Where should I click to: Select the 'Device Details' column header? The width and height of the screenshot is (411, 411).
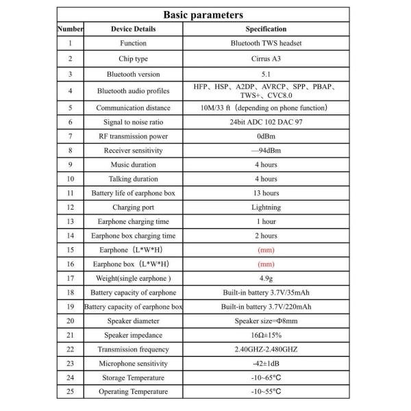point(133,29)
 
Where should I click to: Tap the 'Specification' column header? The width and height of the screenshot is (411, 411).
point(266,29)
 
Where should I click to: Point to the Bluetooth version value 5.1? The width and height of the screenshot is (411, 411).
point(266,73)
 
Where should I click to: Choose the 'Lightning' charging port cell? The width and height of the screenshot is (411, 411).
point(266,207)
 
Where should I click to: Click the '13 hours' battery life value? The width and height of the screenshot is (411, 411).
point(266,192)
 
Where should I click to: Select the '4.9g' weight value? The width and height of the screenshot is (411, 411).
point(266,278)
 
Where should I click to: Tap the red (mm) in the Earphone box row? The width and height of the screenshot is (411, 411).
point(266,264)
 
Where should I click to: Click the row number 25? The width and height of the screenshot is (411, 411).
point(70,392)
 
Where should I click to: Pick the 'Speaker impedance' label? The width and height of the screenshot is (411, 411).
point(133,335)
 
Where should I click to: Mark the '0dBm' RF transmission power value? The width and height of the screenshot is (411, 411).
point(266,136)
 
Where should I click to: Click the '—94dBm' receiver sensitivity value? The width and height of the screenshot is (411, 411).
point(266,150)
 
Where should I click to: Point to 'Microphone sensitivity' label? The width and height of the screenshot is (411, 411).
point(133,364)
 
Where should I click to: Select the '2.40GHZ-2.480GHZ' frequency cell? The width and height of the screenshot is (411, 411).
point(266,349)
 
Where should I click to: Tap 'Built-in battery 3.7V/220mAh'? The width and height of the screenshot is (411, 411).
point(266,306)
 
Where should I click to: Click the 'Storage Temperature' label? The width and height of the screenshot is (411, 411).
point(133,377)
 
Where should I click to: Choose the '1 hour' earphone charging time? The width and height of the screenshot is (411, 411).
point(266,221)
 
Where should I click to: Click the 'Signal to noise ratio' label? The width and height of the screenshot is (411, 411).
point(133,122)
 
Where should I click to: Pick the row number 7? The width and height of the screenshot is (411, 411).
point(70,136)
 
